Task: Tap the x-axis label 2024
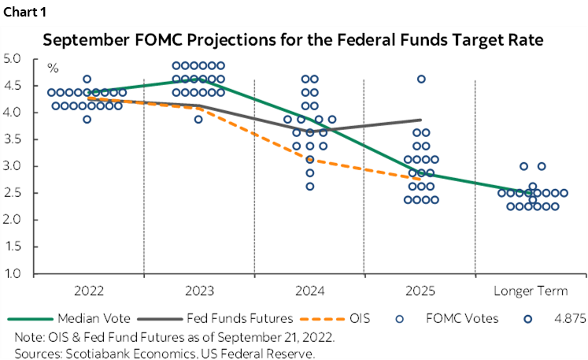[309, 291]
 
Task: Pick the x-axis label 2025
[420, 291]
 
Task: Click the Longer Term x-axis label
[531, 291]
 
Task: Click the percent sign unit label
[53, 69]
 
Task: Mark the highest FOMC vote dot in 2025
[421, 79]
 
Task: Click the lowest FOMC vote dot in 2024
[310, 187]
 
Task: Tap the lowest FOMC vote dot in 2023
[198, 120]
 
